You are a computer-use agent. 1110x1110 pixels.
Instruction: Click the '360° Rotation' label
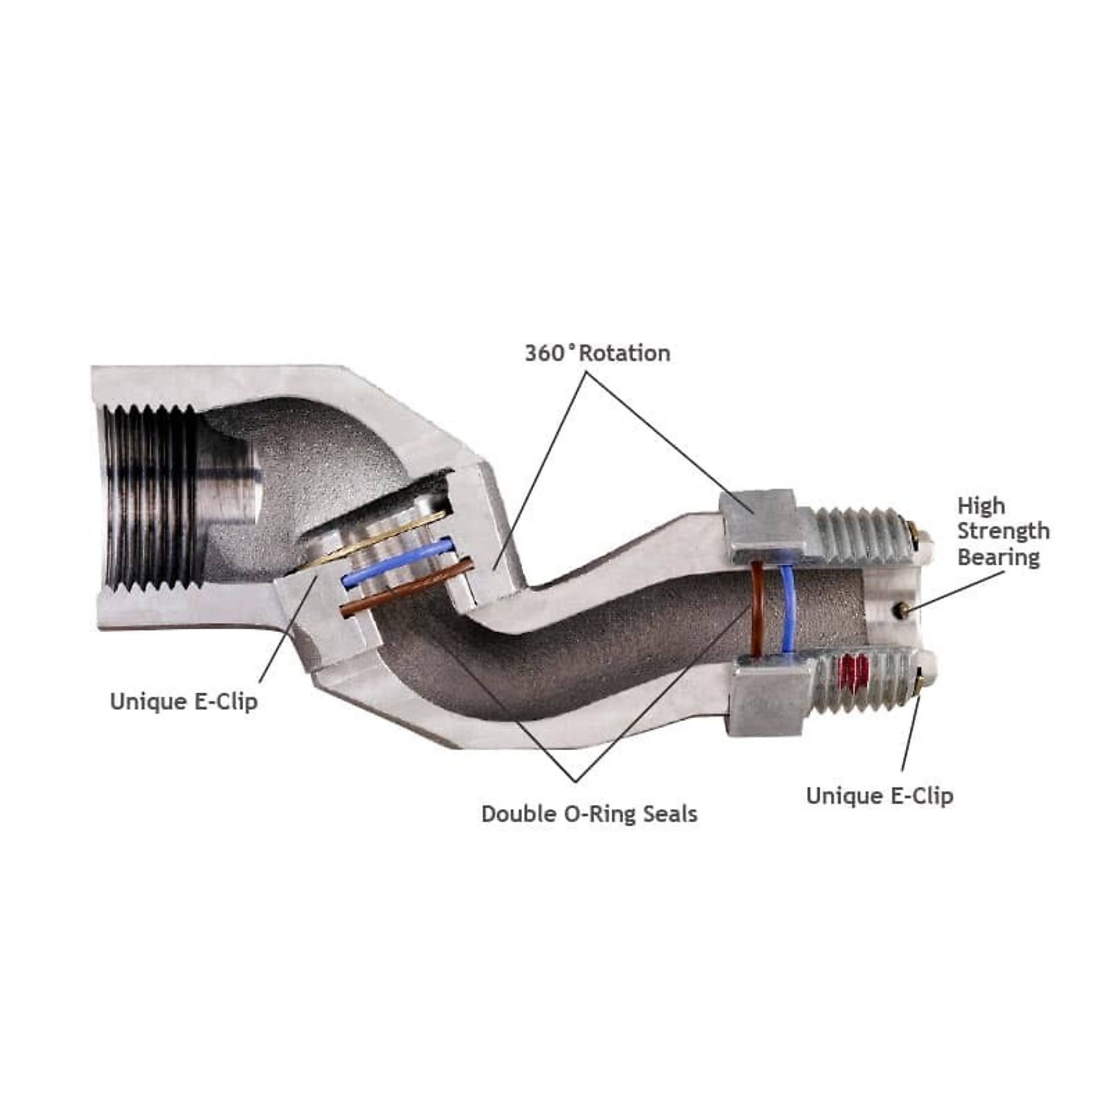pos(598,354)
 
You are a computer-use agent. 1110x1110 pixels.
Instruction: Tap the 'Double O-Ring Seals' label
pos(589,814)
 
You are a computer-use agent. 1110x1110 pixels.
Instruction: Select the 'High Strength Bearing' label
pos(1003,532)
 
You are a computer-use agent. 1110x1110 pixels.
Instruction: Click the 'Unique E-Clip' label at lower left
pos(184,702)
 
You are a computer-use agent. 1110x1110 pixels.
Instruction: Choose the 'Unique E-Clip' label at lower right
pos(880,796)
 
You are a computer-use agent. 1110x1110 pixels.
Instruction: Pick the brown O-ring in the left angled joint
pos(407,587)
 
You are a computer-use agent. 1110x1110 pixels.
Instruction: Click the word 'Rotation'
pos(624,354)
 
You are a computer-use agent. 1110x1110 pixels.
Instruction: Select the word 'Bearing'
pos(998,558)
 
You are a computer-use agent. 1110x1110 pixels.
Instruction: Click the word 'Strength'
pos(1003,532)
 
